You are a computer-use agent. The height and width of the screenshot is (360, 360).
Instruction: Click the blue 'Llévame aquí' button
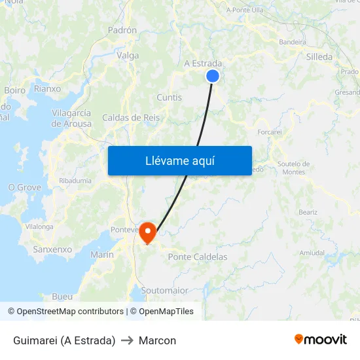180,160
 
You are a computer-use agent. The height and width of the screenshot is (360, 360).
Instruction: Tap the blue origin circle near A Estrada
213,77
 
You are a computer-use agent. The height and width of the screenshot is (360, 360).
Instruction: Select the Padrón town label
122,30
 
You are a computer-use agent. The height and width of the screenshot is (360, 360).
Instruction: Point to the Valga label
128,56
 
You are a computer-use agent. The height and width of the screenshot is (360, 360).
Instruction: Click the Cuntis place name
170,98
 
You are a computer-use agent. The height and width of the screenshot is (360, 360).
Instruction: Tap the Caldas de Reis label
131,118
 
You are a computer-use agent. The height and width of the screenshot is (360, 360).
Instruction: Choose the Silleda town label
319,57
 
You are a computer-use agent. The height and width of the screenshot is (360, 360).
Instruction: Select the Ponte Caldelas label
198,257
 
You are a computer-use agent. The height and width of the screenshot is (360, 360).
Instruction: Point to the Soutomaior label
165,290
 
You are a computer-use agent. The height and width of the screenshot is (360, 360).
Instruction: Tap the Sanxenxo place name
52,249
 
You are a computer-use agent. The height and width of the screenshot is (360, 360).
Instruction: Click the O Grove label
24,188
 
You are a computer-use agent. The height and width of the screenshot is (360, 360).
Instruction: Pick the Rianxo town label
47,88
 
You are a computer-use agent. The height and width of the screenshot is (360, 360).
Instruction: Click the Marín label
102,255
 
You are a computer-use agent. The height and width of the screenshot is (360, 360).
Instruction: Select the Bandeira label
293,42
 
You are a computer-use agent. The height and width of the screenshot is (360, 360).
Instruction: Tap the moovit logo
321,340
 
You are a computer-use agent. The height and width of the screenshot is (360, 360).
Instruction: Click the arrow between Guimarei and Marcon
127,340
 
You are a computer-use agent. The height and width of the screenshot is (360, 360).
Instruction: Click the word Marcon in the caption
157,340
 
